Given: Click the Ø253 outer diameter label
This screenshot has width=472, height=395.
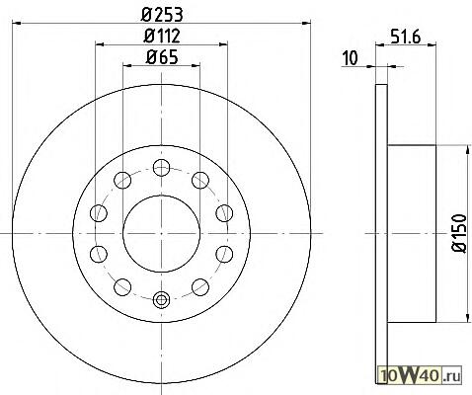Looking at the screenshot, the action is click(162, 14).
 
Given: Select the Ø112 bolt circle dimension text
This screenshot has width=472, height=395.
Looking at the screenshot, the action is click(162, 36).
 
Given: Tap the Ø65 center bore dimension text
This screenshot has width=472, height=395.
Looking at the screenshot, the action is click(162, 57).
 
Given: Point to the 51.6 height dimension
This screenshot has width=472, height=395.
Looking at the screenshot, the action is click(406, 37).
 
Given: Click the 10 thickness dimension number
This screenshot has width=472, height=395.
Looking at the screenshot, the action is click(350, 58).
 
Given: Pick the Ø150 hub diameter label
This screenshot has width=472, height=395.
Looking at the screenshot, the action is click(459, 233).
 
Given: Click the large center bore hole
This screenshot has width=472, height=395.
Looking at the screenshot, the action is click(161, 234).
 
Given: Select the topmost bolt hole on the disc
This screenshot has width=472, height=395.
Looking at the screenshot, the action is click(161, 167).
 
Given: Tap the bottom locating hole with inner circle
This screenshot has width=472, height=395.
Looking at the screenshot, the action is click(161, 300).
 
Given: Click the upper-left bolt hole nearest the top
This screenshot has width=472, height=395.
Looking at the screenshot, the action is click(122, 180).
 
